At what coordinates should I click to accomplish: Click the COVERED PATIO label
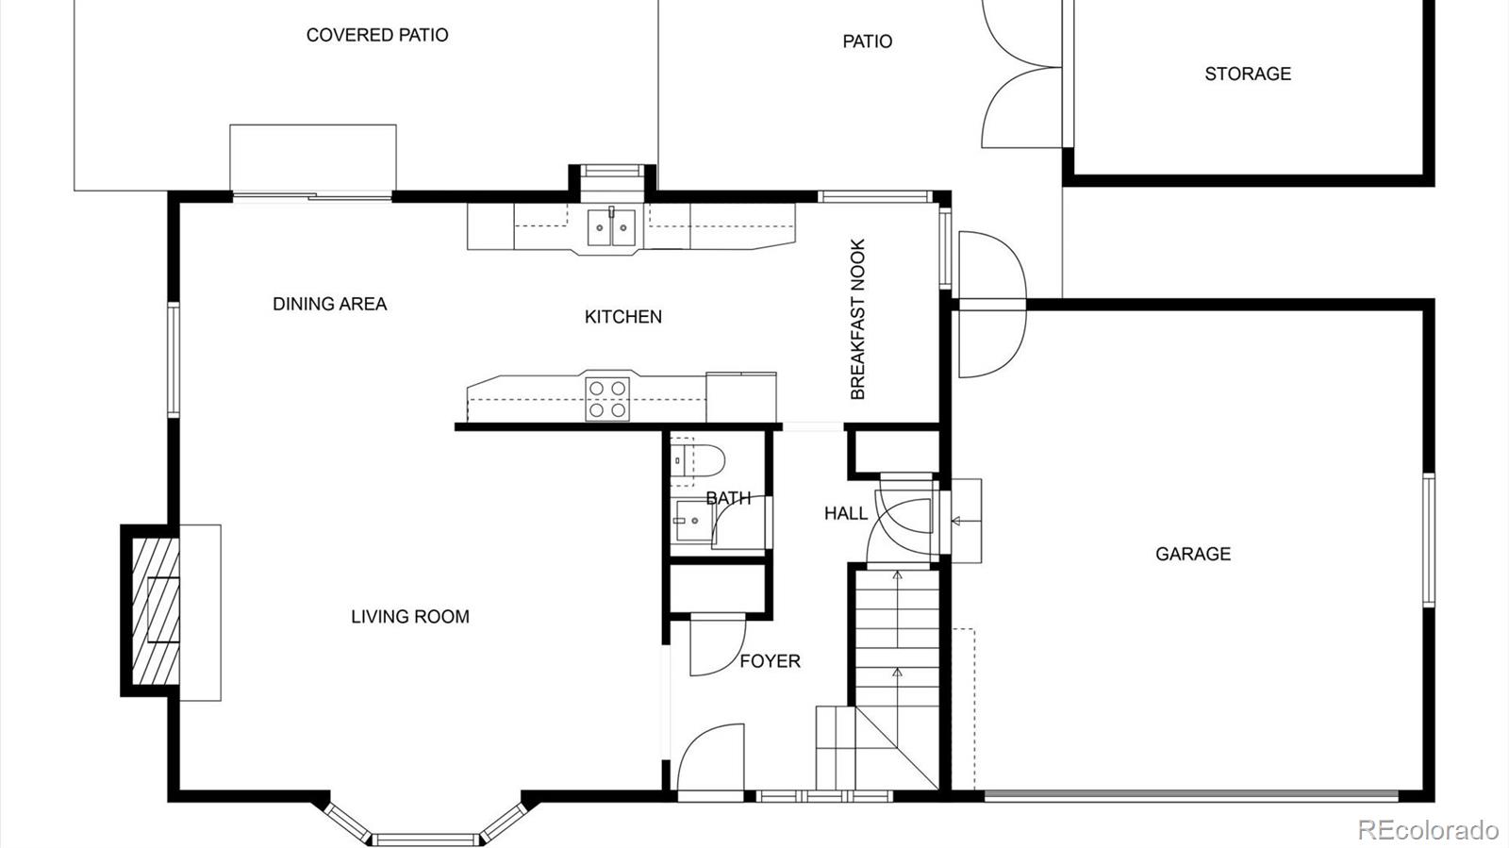click(377, 35)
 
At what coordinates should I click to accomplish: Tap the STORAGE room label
click(1247, 74)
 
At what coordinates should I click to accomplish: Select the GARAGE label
click(1192, 554)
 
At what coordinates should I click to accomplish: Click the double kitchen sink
click(611, 227)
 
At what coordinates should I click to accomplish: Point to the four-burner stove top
click(607, 398)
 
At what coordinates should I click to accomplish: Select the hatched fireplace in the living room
click(155, 610)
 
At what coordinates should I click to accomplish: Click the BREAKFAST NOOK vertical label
click(857, 319)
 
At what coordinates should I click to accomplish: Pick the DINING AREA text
click(329, 304)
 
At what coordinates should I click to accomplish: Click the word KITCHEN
click(622, 317)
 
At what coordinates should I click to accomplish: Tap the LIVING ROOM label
click(409, 617)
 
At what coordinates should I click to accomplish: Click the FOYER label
click(770, 661)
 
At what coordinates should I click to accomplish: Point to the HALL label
click(845, 513)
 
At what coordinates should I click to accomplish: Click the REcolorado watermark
click(1427, 829)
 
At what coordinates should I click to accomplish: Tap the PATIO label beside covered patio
click(867, 42)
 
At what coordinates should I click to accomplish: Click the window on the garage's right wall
click(1428, 540)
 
